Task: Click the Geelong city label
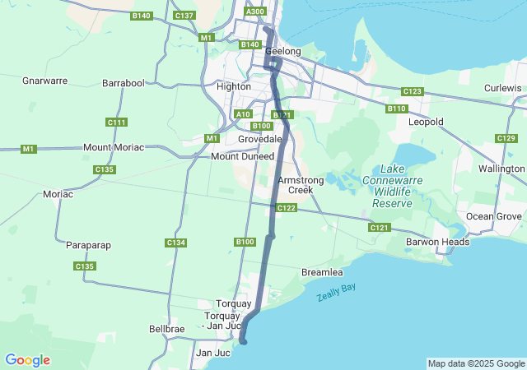tap(283, 51)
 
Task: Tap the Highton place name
tap(232, 86)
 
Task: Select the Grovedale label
tap(261, 139)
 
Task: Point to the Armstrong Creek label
tap(295, 184)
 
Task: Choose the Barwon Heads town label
tap(437, 242)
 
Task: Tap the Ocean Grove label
tap(494, 216)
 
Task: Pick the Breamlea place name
tap(322, 271)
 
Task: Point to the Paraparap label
tap(88, 245)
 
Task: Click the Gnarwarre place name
tap(44, 81)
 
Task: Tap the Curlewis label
tap(503, 88)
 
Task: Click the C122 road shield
tap(286, 209)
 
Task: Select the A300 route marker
tap(255, 11)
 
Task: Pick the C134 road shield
tap(175, 243)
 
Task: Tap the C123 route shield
tap(412, 91)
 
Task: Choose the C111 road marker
tap(117, 123)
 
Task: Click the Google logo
tap(27, 360)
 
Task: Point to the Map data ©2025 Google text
tap(475, 363)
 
